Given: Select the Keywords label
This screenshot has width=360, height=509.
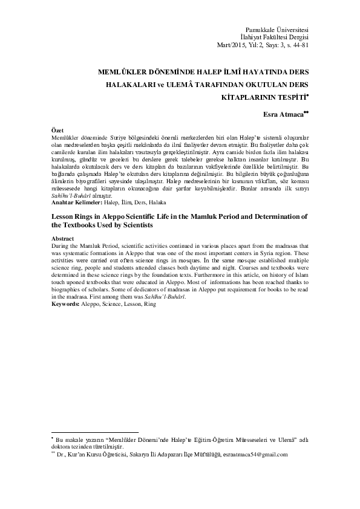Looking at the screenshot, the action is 62,304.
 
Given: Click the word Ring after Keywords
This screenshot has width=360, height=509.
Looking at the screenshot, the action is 149,304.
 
